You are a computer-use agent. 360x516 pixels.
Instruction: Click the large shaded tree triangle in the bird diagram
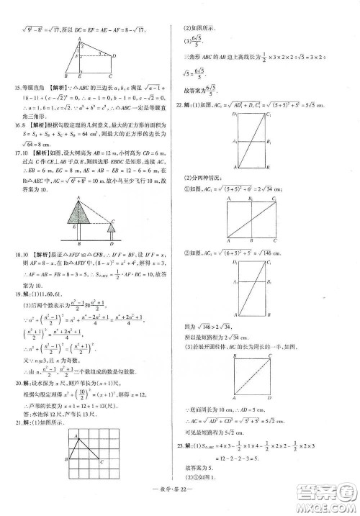[x=78, y=212]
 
